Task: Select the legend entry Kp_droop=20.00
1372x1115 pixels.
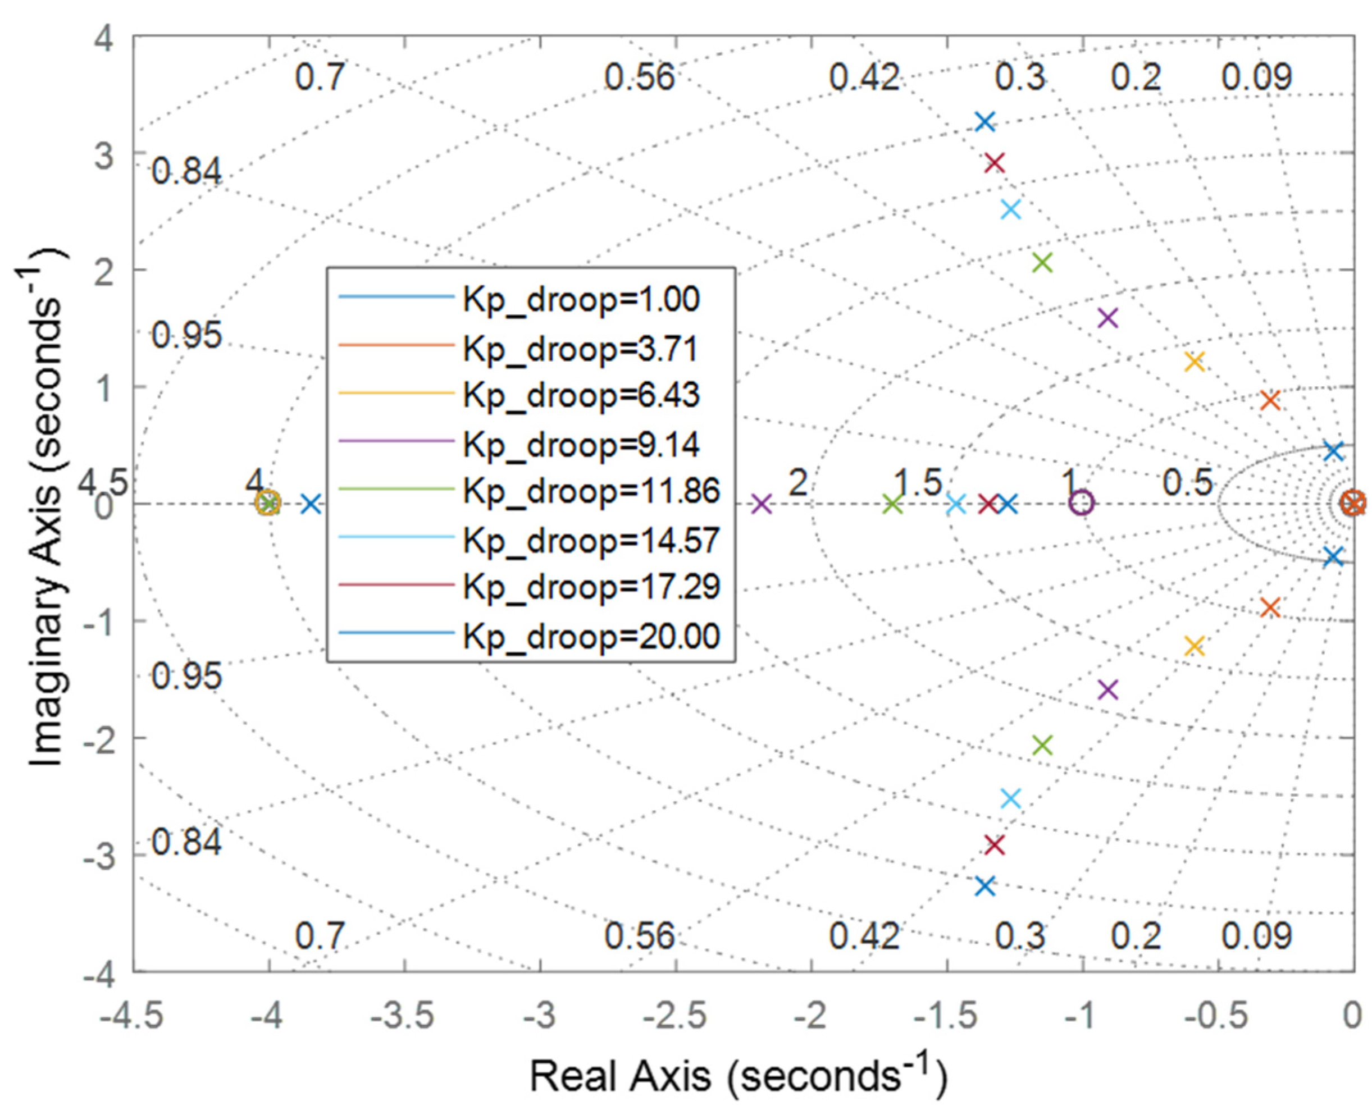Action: (591, 637)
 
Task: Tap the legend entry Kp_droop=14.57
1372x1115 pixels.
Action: (591, 540)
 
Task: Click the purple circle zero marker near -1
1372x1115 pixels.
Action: (1082, 503)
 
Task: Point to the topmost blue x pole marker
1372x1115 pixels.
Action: (984, 121)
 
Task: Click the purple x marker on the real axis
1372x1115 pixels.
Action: (761, 504)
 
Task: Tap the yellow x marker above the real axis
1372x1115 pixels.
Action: (1193, 362)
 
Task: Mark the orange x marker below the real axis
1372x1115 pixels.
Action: (1270, 607)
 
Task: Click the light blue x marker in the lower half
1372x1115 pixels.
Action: (1011, 798)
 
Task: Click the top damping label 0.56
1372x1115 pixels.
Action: (640, 77)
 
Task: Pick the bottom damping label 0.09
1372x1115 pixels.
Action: (1256, 936)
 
